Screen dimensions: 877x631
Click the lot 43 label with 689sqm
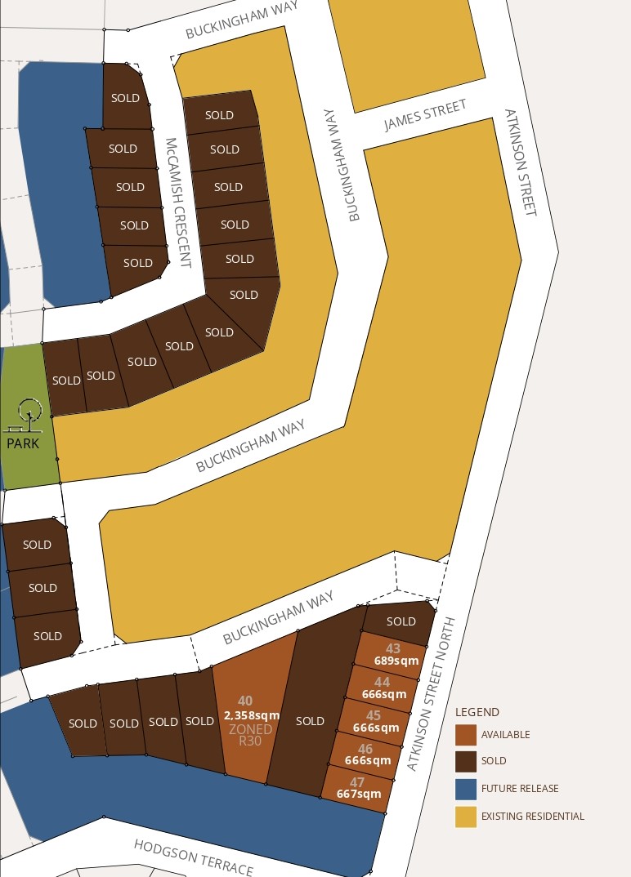[393, 655]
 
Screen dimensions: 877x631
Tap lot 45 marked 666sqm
[374, 722]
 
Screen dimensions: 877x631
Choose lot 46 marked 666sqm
[366, 755]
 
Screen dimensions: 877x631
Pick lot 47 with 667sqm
[358, 788]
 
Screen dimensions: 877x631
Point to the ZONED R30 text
[250, 735]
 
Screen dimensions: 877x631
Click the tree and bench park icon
[28, 415]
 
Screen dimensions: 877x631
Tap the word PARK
[23, 444]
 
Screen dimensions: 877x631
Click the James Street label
[425, 115]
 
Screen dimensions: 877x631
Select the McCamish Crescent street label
[178, 203]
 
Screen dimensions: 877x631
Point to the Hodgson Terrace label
[193, 857]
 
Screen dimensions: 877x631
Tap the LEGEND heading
[477, 712]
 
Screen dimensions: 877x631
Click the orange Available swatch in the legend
[466, 735]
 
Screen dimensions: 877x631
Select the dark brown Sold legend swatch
[466, 761]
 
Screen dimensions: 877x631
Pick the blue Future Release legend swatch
[466, 789]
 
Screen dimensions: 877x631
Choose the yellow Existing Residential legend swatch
[466, 816]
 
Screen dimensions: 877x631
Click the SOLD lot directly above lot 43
[400, 621]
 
